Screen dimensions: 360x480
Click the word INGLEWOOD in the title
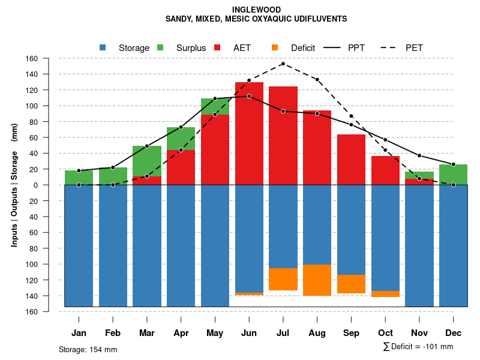point(256,10)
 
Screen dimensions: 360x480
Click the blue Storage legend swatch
point(104,47)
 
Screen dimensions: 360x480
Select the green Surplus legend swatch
point(161,47)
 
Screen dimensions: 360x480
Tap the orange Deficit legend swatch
point(275,47)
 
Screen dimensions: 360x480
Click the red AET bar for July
point(283,135)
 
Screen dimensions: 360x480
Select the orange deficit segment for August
point(317,280)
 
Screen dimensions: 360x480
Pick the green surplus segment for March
point(147,161)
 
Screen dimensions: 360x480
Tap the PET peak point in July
point(283,64)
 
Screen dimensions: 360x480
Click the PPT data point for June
point(249,96)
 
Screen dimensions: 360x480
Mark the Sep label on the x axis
point(352,333)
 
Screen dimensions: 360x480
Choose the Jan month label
point(79,333)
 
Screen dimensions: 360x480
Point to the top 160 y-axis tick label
point(32,59)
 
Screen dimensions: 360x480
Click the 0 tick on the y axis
point(35,185)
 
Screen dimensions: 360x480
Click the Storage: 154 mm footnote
point(88,349)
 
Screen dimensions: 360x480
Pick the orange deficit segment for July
point(283,279)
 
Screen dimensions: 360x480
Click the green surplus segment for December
point(454,174)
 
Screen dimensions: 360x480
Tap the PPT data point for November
point(419,155)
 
